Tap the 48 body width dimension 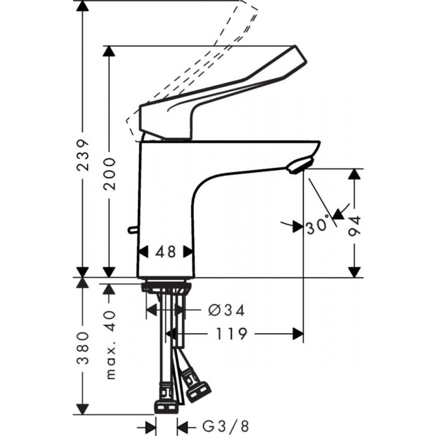166,251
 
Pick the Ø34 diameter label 226,310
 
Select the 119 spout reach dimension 231,333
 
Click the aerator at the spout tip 296,166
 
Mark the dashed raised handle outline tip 250,8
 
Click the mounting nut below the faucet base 166,288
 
